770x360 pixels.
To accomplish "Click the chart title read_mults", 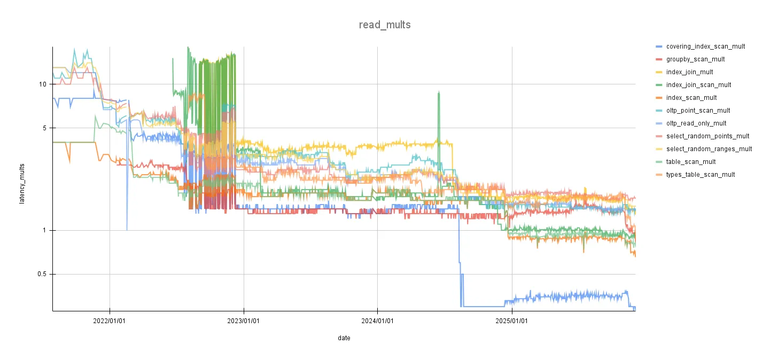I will pyautogui.click(x=385, y=25).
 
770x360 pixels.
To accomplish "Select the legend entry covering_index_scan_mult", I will pyautogui.click(x=705, y=46).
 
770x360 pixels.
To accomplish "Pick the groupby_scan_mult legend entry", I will pyautogui.click(x=695, y=59).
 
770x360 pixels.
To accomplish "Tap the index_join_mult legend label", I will pyautogui.click(x=689, y=72).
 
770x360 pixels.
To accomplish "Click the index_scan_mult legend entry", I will pyautogui.click(x=691, y=98).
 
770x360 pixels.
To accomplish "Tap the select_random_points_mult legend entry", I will pyautogui.click(x=707, y=136).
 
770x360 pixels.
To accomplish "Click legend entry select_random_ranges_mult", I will pyautogui.click(x=709, y=149).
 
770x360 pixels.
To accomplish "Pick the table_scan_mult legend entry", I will pyautogui.click(x=691, y=162).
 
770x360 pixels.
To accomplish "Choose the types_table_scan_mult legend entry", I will pyautogui.click(x=701, y=175).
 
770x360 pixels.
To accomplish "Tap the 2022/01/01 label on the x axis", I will pyautogui.click(x=110, y=321).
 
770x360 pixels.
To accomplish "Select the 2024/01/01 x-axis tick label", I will pyautogui.click(x=378, y=321).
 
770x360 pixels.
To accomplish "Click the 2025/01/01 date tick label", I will pyautogui.click(x=512, y=321).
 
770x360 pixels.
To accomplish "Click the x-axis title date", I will pyautogui.click(x=344, y=338).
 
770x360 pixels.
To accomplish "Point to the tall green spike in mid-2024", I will pyautogui.click(x=439, y=99).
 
